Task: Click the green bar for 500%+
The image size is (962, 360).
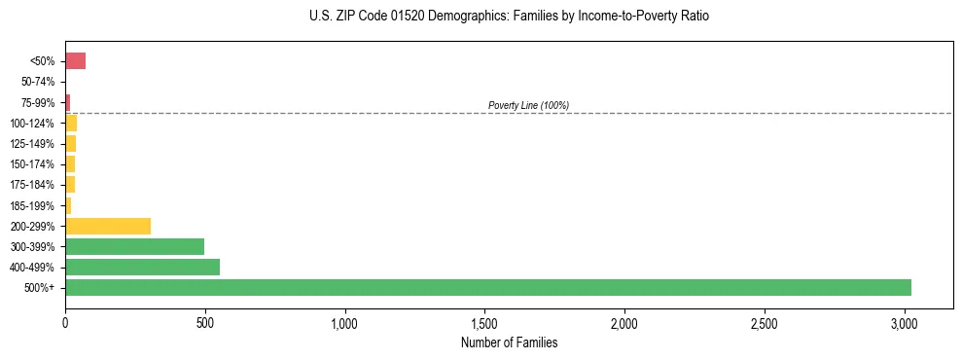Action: [x=487, y=287]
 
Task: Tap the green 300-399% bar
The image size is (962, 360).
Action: [x=134, y=246]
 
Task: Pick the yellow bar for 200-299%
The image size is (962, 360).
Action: [x=108, y=226]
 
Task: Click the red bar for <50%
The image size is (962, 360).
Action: [x=75, y=61]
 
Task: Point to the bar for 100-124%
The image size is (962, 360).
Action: [x=71, y=123]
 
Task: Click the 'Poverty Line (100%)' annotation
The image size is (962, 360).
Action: [x=528, y=105]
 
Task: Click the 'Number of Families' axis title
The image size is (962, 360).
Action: [x=509, y=342]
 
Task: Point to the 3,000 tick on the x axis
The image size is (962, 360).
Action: [x=905, y=322]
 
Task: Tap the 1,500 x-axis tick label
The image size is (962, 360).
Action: [x=484, y=322]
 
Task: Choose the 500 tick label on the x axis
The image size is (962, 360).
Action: [x=205, y=322]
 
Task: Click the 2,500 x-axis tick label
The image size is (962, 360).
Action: [x=765, y=322]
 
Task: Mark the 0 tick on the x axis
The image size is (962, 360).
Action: [x=65, y=322]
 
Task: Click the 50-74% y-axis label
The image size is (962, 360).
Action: [x=38, y=82]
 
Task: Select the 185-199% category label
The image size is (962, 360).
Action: [x=33, y=205]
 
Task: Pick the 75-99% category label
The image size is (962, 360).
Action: [x=38, y=102]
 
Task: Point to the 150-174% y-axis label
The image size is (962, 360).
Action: [x=33, y=164]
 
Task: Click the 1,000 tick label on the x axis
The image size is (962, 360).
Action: [x=344, y=322]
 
